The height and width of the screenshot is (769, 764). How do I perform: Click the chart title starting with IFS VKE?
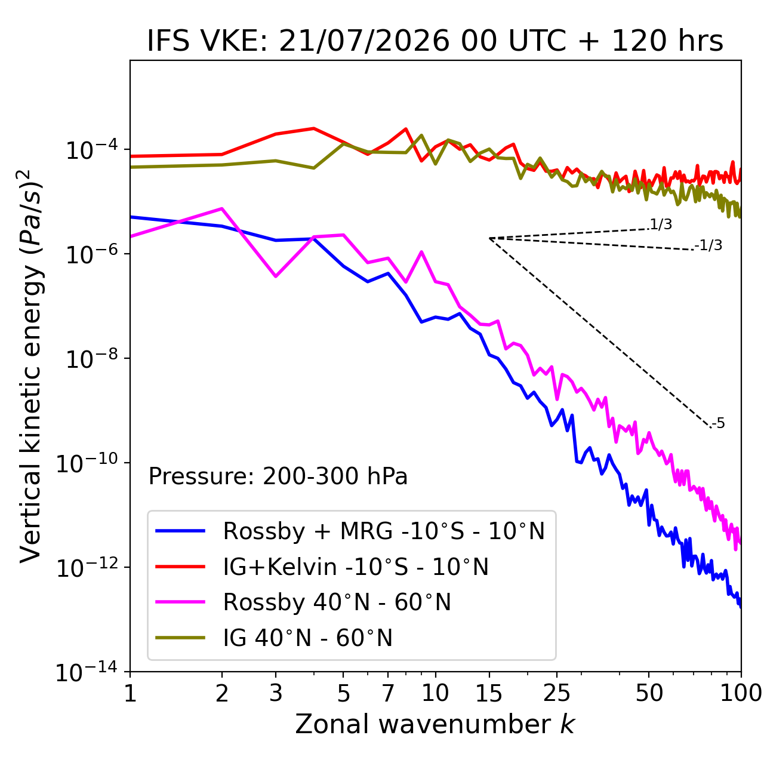click(435, 41)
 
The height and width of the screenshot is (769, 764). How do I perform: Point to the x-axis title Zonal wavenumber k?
click(435, 724)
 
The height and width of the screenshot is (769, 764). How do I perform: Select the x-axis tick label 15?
click(489, 693)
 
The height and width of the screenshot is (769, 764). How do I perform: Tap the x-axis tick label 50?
click(649, 693)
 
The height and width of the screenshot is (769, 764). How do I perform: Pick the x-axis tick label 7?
click(388, 693)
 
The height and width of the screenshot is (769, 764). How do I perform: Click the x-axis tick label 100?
click(741, 693)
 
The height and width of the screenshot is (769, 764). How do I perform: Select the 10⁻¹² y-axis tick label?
click(87, 567)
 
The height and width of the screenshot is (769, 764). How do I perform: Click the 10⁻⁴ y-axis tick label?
click(92, 150)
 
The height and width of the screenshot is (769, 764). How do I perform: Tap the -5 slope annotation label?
click(717, 423)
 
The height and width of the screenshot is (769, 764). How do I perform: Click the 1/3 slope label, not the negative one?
click(661, 224)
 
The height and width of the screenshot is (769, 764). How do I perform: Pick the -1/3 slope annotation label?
click(708, 245)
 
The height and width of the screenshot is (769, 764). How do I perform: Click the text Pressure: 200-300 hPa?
click(278, 476)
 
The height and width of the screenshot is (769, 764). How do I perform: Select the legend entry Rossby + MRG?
click(350, 531)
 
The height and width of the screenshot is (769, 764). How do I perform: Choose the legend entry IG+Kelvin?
click(322, 567)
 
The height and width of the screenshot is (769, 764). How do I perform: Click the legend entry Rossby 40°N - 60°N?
click(303, 602)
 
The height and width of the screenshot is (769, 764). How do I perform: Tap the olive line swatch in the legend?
click(180, 637)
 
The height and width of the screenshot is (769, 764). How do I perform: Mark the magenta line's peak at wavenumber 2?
click(222, 208)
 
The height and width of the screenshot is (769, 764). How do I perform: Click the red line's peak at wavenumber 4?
click(314, 128)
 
